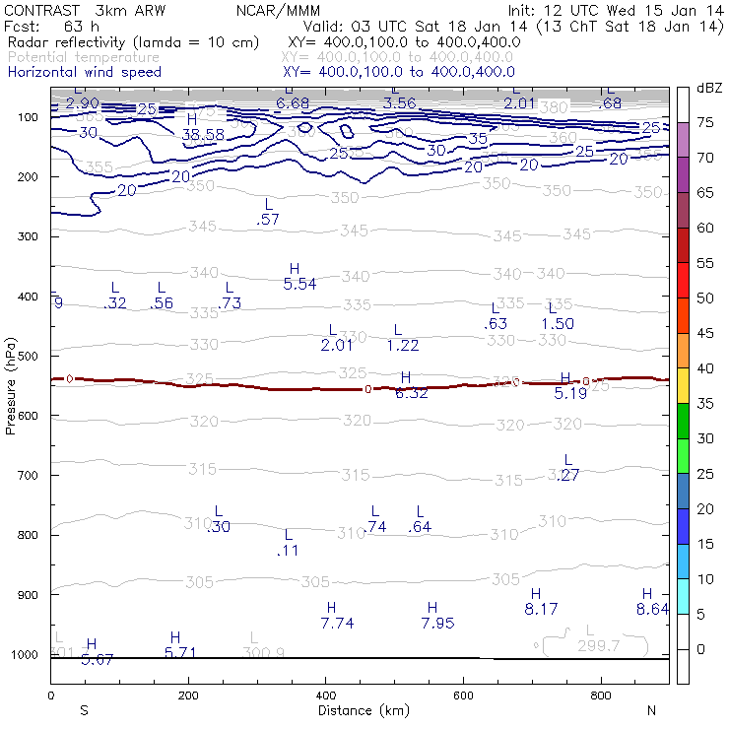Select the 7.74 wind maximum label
click(x=337, y=624)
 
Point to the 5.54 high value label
click(x=299, y=284)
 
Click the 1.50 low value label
click(x=558, y=323)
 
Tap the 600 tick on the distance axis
click(x=464, y=696)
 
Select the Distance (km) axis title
click(x=364, y=710)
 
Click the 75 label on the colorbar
click(x=705, y=122)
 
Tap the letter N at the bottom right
click(x=652, y=710)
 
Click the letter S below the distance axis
click(x=85, y=710)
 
